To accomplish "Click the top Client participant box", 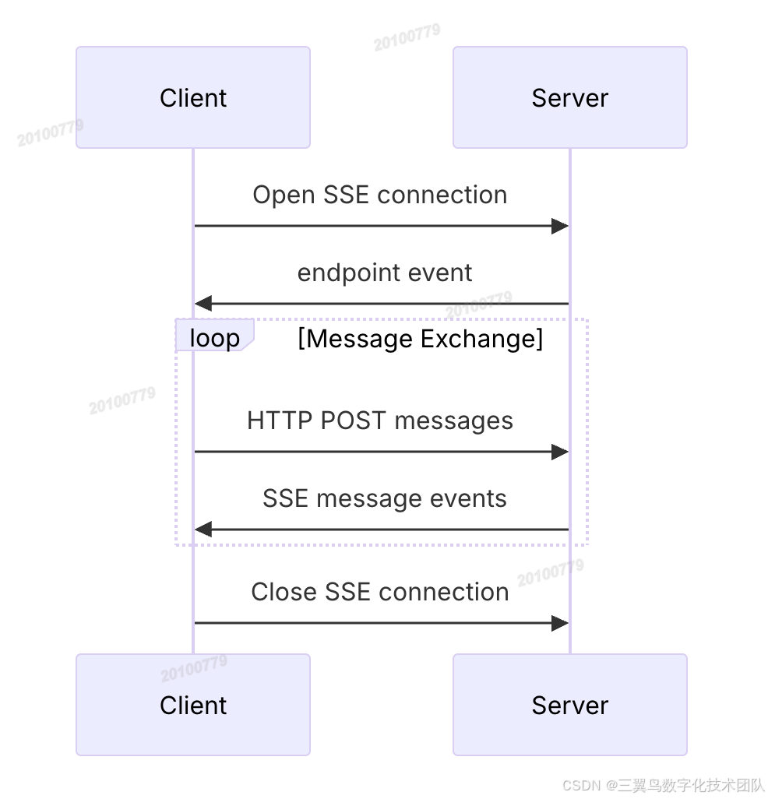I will click(x=193, y=97).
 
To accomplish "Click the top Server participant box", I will click(x=569, y=97).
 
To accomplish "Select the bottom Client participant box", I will click(x=193, y=705).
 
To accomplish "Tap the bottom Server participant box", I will click(x=569, y=705).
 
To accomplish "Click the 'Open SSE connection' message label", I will click(x=379, y=195).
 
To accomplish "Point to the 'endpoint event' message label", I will click(x=384, y=273).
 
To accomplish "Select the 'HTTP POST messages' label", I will click(x=379, y=421).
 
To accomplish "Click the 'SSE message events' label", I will click(x=384, y=498).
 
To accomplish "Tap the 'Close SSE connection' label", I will click(x=379, y=592).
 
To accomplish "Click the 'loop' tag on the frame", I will click(x=214, y=339).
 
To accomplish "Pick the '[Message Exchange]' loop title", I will click(x=420, y=339).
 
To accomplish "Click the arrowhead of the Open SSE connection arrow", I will click(x=560, y=227).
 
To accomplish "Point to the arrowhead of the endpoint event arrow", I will click(x=203, y=304).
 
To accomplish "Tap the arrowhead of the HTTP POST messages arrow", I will click(x=560, y=452).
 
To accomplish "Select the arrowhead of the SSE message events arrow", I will click(x=203, y=530).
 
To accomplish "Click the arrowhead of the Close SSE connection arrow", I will click(x=560, y=623).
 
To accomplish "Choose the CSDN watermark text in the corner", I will click(x=663, y=785).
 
